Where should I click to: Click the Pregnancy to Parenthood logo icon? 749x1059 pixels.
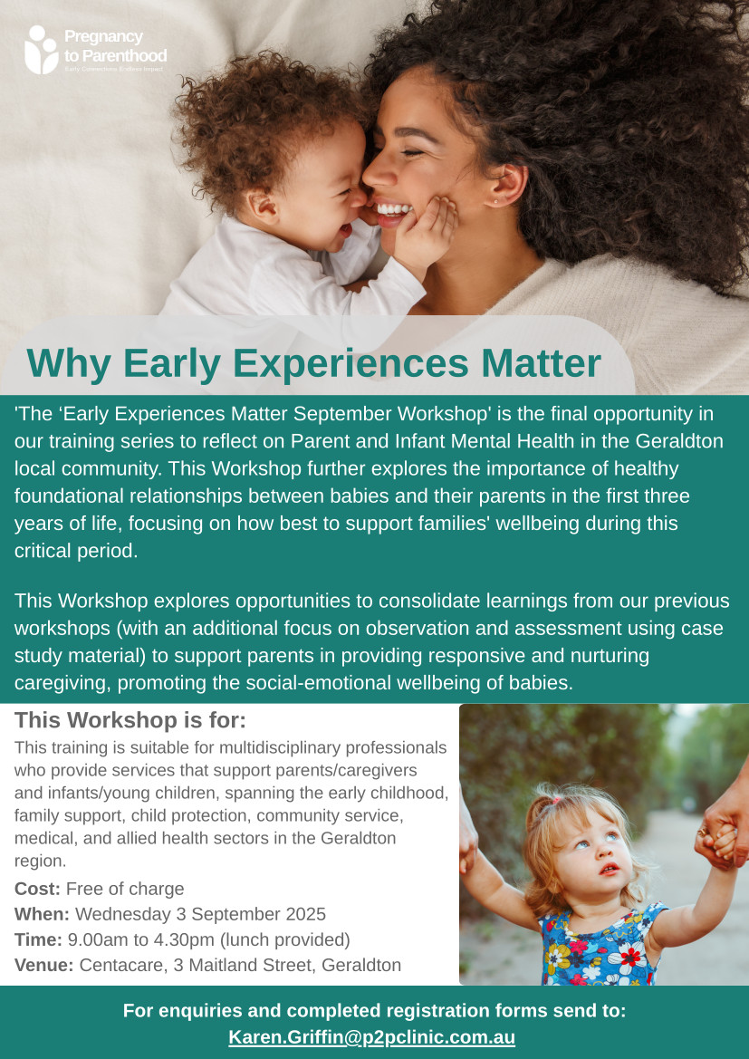tap(41, 49)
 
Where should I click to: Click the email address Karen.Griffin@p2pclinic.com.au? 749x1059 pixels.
tap(372, 1036)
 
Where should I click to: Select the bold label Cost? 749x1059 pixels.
tap(38, 888)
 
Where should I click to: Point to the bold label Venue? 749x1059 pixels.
tap(43, 965)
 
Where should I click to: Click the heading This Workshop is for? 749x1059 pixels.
tap(130, 720)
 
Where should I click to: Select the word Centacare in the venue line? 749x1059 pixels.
tap(123, 965)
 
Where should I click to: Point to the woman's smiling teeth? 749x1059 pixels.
tap(394, 208)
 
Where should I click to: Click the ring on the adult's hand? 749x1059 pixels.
tap(703, 832)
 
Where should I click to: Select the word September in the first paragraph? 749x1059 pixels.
tap(342, 413)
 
